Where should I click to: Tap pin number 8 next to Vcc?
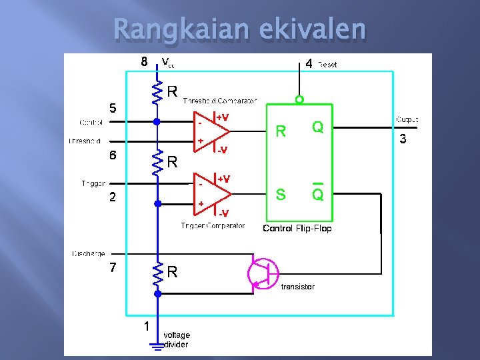click(x=143, y=62)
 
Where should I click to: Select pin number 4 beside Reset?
click(x=309, y=64)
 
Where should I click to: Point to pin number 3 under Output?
click(x=403, y=139)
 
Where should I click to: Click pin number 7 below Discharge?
click(x=113, y=268)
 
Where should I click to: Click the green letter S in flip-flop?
click(x=281, y=195)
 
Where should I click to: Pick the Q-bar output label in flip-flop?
click(x=318, y=193)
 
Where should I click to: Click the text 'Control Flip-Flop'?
click(x=297, y=229)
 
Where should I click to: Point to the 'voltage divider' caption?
click(x=176, y=340)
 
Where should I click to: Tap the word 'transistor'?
click(x=297, y=287)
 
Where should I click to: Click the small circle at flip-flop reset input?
click(x=299, y=100)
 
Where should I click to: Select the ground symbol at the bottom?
click(x=157, y=345)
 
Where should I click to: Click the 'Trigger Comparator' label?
click(x=213, y=226)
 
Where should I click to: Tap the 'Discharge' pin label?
click(x=88, y=253)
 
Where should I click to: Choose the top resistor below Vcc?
click(x=157, y=93)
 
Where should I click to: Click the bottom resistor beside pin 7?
click(x=157, y=272)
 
